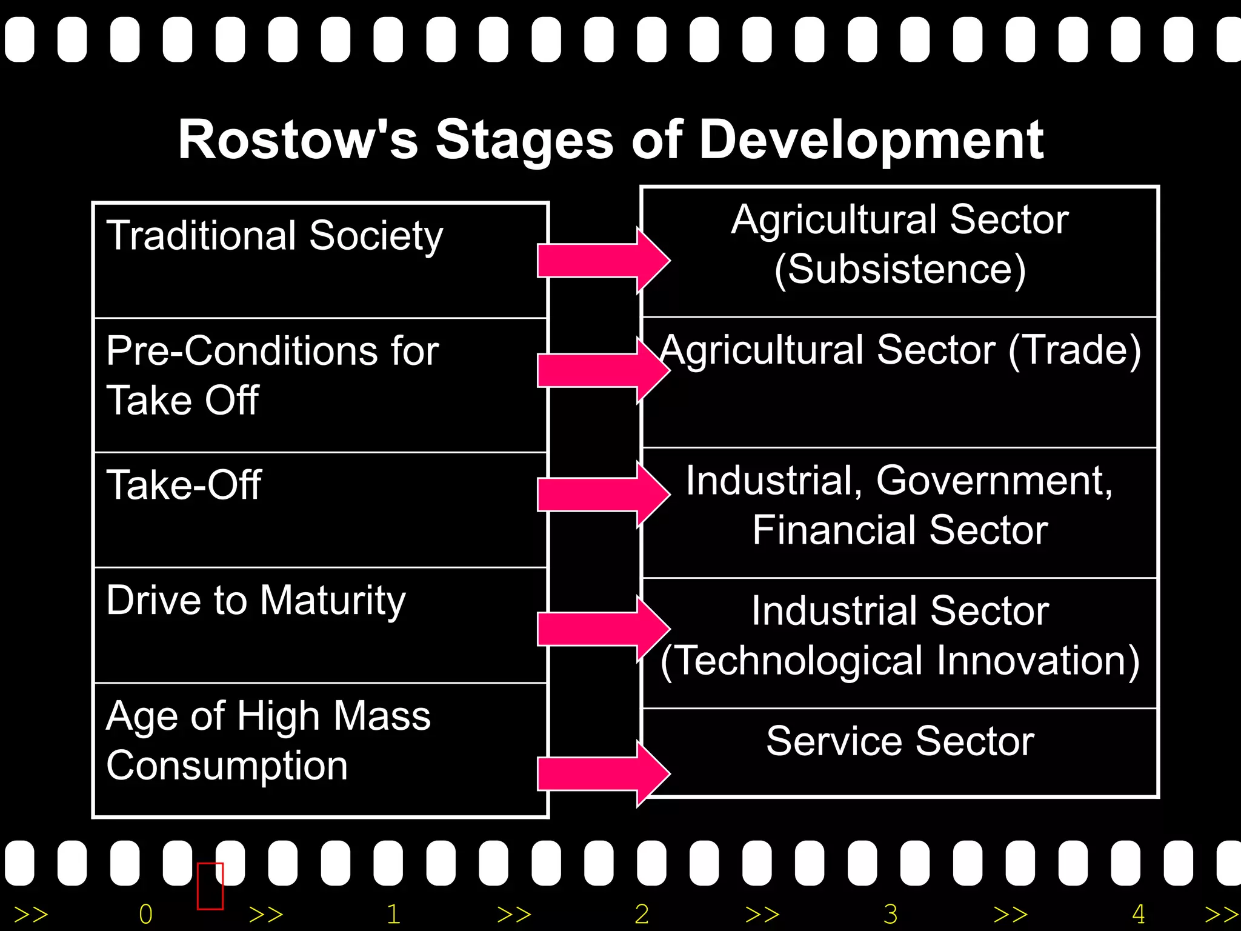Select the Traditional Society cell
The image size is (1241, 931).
320,261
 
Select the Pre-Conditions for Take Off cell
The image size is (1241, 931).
320,385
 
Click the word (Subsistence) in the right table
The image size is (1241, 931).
900,270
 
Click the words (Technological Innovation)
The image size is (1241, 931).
900,661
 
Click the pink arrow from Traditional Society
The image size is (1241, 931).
600,261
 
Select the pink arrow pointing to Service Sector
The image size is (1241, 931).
600,774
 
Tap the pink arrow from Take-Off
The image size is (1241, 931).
600,495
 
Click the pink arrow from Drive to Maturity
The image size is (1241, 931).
600,629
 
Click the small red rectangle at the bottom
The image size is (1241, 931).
210,886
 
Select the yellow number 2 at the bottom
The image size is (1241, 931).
642,914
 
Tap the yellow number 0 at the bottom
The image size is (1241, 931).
145,914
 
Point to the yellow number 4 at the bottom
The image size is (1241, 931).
1139,914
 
